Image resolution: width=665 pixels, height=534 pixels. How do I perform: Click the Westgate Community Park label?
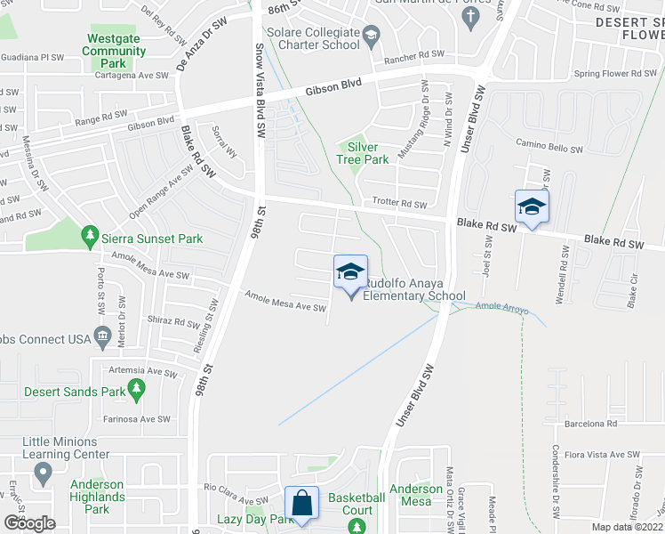(114, 51)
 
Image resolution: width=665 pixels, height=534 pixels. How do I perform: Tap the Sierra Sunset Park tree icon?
(89, 235)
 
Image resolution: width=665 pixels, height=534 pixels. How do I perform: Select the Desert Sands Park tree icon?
(136, 388)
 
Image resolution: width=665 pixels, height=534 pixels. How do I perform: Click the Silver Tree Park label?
(368, 153)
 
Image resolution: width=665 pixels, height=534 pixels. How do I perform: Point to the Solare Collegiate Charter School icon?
(372, 36)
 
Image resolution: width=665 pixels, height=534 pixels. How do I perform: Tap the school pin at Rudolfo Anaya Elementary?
(350, 271)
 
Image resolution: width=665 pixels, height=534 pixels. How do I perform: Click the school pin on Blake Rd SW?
(532, 207)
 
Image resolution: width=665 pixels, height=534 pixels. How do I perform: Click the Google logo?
(29, 523)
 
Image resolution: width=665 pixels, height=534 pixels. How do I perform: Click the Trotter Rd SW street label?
(400, 204)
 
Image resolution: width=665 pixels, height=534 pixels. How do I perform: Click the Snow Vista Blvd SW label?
(260, 89)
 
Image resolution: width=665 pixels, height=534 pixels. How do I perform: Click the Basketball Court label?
(357, 504)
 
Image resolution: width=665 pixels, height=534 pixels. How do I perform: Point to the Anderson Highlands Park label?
(97, 497)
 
